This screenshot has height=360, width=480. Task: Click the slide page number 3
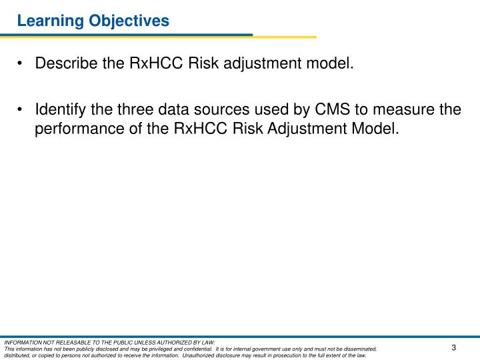click(453, 347)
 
